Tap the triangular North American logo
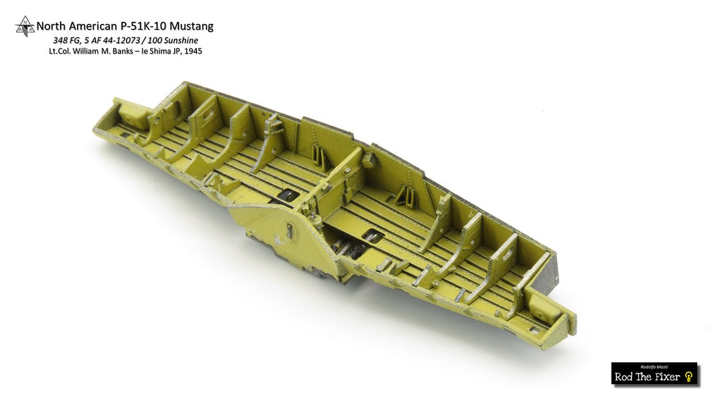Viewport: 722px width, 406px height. coord(25,26)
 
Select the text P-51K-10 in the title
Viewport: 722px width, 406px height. coord(145,26)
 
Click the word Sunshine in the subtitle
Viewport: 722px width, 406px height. coord(181,40)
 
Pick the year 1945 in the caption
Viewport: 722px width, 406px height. coord(193,51)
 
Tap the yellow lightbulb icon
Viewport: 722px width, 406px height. coord(688,377)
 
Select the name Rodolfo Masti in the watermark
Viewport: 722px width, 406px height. coord(654,367)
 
